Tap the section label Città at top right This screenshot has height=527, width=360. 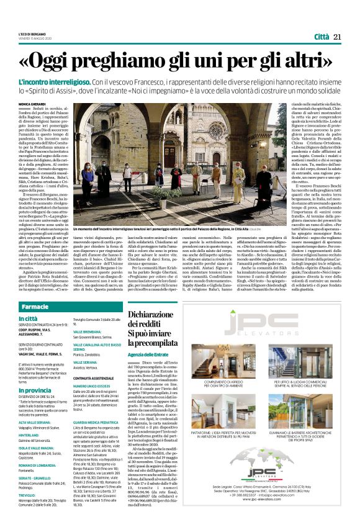[321, 37]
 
